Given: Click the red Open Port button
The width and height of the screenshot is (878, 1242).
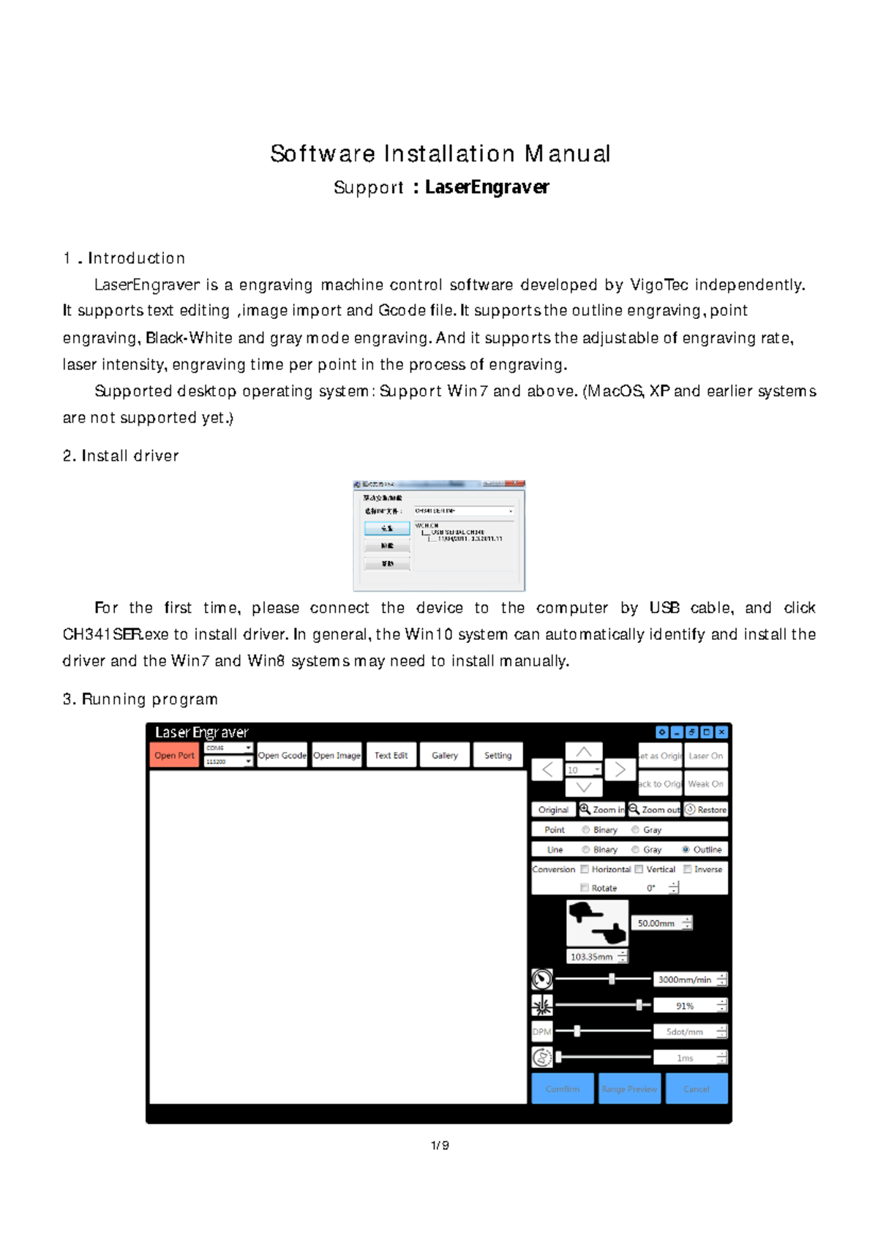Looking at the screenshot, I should coord(174,756).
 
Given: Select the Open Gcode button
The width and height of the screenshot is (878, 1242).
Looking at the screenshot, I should coord(282,756).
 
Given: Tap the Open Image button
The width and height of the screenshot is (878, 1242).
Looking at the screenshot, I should coord(337,756).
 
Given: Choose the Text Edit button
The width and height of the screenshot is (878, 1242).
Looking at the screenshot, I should coord(391,756).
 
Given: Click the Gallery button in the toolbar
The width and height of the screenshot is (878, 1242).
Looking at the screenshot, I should coord(444,756).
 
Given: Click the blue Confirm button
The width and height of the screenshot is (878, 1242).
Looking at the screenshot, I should coord(562,1088).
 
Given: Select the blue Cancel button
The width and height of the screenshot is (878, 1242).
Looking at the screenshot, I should coord(696,1088).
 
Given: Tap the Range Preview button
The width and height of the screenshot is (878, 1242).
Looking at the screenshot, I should coord(629,1088).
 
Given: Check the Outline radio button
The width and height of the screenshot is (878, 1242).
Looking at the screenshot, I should coord(686,849).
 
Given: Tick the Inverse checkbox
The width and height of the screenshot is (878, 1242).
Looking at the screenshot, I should coord(688,869).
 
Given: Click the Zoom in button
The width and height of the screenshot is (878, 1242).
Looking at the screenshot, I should coord(602,810).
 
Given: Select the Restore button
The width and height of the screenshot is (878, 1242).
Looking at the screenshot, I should coord(705,810).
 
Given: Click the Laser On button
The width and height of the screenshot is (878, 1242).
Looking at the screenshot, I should coord(705,756).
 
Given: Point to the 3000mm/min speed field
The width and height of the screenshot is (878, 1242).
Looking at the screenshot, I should coord(685,979).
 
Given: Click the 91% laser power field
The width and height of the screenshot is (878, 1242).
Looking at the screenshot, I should coord(685,1006).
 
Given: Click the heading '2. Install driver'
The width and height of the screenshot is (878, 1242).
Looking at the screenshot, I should coord(121,456).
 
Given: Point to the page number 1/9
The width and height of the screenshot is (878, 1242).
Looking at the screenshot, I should coord(440,1145).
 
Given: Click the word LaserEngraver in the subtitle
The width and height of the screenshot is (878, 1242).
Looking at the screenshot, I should coord(487,187).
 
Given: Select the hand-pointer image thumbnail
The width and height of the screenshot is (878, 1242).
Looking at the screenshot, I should coord(597,923).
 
